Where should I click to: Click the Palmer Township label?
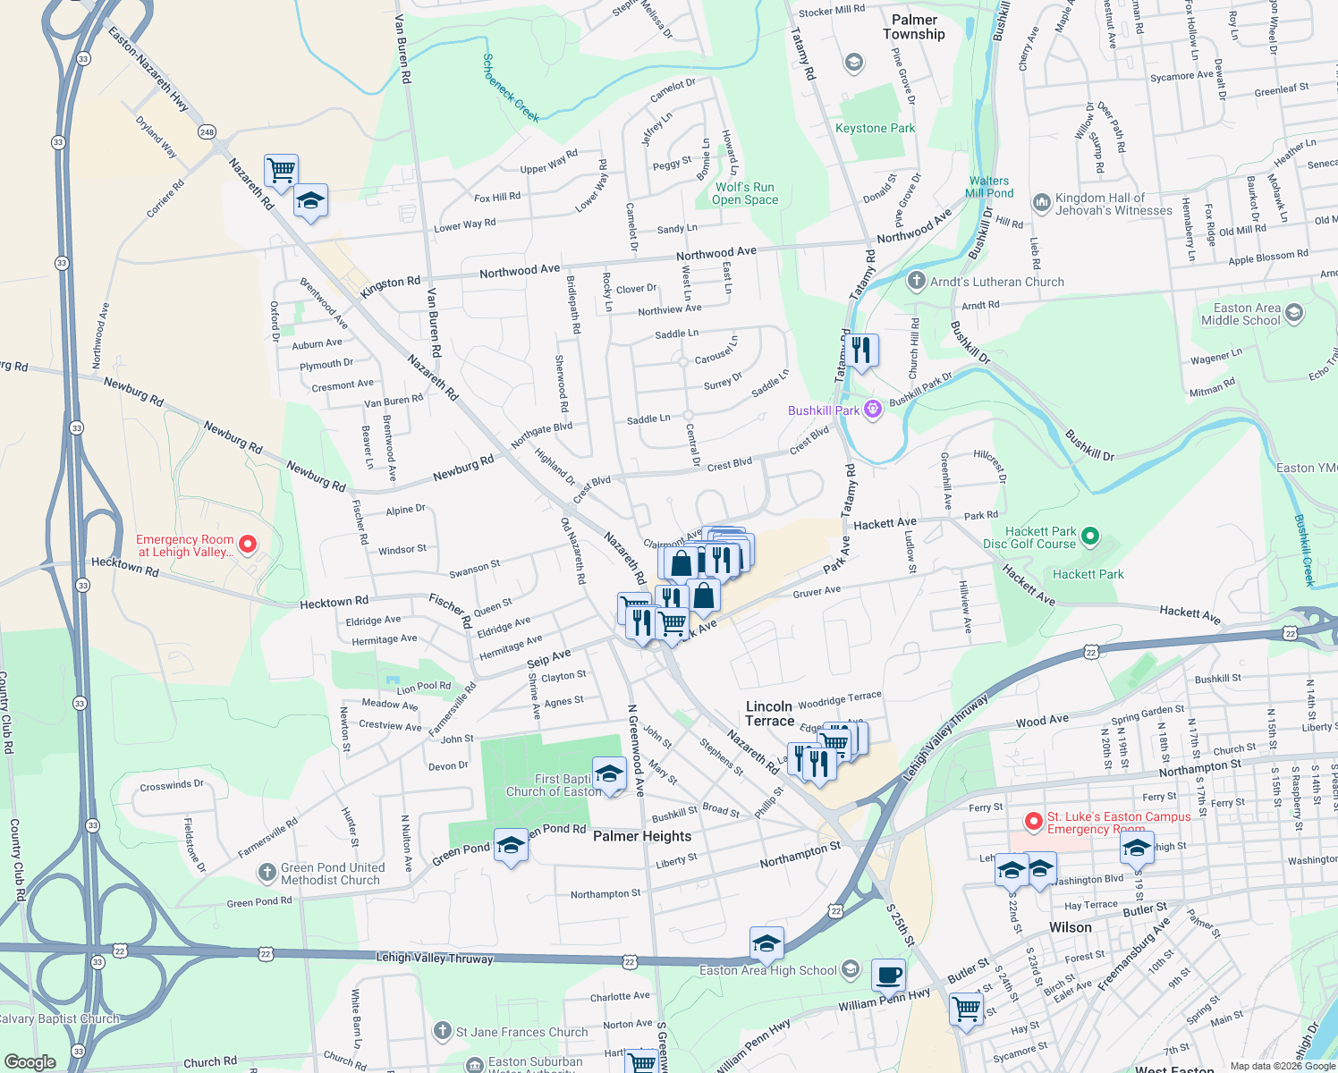(x=913, y=27)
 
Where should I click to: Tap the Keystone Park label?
(x=875, y=128)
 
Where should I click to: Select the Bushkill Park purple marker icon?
(x=873, y=410)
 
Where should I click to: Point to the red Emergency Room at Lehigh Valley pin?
(x=249, y=544)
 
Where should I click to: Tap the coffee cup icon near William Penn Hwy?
(x=888, y=975)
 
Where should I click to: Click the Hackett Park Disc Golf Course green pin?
(x=1089, y=536)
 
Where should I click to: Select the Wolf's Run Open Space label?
(x=744, y=193)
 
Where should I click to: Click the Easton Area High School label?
(x=767, y=970)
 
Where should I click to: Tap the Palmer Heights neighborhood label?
(x=642, y=836)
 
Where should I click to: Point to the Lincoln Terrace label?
(x=770, y=714)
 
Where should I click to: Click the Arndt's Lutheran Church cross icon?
(x=916, y=282)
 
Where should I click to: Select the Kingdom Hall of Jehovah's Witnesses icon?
(x=1041, y=203)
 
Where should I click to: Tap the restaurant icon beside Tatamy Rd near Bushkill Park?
(x=860, y=351)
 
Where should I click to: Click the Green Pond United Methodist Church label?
(x=332, y=874)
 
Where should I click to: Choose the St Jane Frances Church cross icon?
(x=442, y=1032)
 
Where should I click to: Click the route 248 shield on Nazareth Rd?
(x=207, y=132)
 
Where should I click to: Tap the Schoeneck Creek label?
(x=511, y=88)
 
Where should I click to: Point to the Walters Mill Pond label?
(x=988, y=187)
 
